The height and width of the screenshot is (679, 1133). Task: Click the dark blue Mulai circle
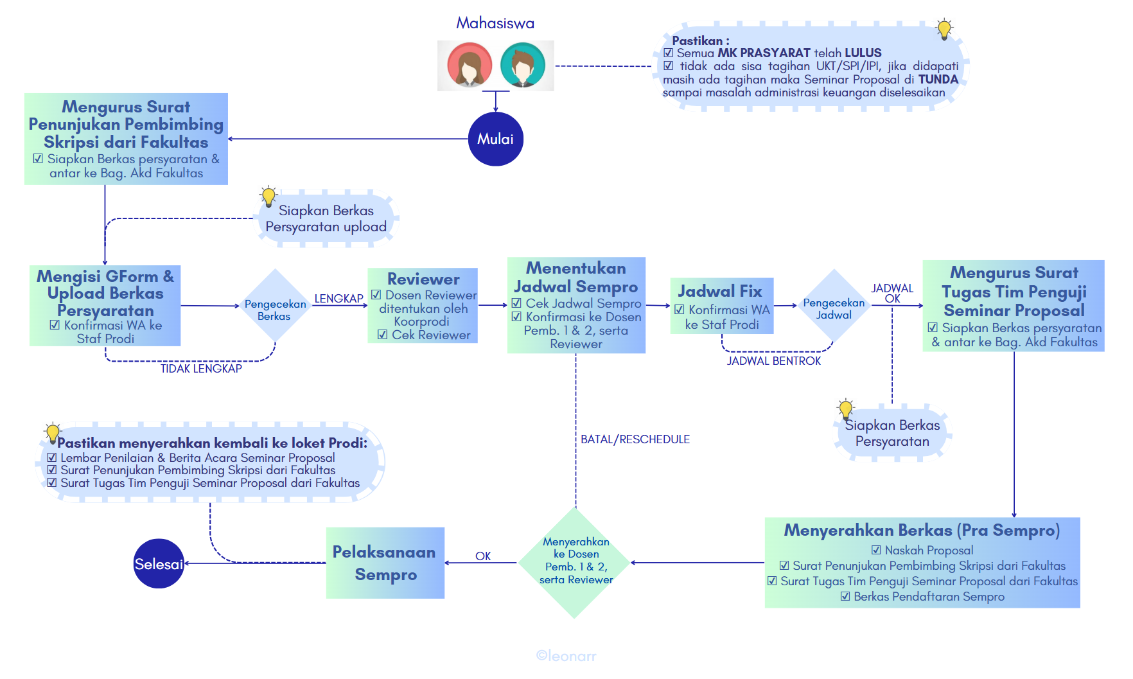(495, 139)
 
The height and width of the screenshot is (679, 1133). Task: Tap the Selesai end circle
(159, 563)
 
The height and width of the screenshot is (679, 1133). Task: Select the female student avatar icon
(470, 65)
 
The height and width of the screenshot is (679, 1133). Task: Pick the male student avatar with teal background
(522, 65)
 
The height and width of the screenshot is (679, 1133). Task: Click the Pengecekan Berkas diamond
(275, 306)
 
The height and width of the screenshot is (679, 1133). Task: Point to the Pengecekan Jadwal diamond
(834, 306)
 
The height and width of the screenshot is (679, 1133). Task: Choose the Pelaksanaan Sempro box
(385, 563)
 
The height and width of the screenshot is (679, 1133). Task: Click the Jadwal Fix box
(721, 306)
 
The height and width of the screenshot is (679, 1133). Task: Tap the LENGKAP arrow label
(338, 299)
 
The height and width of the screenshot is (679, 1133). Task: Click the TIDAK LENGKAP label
(201, 369)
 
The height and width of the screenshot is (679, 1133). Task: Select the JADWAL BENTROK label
(774, 361)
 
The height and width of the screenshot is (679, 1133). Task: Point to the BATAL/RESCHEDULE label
(635, 439)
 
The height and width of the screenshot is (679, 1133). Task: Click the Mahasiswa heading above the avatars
(495, 23)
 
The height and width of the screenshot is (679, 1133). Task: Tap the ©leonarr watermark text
(566, 656)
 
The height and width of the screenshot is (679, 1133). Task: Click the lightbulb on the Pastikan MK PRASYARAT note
(944, 30)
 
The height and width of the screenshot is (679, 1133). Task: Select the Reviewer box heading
(423, 279)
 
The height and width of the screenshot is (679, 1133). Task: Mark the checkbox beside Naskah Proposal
(876, 550)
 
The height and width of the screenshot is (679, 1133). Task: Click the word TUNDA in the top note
(938, 79)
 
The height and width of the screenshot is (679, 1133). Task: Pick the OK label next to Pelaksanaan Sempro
(483, 556)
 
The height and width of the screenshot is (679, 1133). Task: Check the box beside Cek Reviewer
(382, 335)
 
